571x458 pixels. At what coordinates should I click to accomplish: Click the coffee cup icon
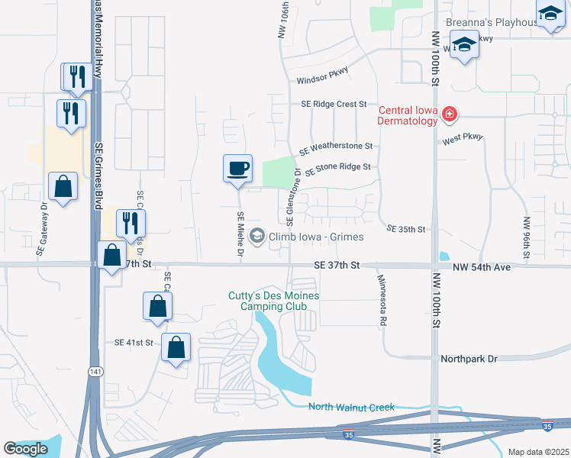(237, 168)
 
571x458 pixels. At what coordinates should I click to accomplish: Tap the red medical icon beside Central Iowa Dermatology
(450, 115)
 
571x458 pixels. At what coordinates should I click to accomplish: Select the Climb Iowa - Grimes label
(315, 237)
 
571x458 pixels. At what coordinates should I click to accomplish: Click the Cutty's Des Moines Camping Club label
(273, 301)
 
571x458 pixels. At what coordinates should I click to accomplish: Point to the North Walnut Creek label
(351, 407)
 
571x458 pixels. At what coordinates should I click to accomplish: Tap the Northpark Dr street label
(469, 358)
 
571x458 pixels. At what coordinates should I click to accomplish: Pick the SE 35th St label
(405, 228)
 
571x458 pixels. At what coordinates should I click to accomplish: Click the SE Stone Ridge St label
(337, 168)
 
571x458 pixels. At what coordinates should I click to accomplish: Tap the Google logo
(25, 449)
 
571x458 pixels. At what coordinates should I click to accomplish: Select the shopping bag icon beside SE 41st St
(176, 347)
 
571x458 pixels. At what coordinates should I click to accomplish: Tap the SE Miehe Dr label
(240, 233)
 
